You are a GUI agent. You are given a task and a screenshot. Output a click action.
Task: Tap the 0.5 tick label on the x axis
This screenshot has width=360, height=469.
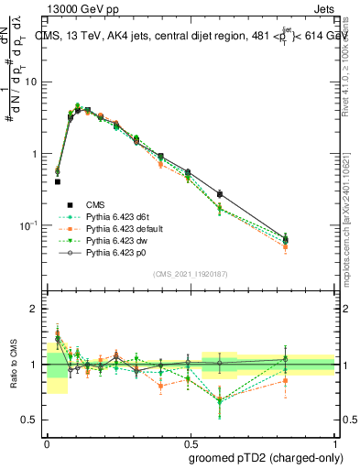pyautogui.click(x=191, y=442)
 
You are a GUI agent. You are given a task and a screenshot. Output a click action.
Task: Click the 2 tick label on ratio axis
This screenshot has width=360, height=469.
pyautogui.click(x=35, y=309)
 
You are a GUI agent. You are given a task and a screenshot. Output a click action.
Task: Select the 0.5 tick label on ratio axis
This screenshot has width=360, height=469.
pyautogui.click(x=31, y=420)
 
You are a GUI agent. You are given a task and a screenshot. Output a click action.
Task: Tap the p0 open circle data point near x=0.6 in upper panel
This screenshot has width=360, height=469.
pyautogui.click(x=220, y=194)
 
